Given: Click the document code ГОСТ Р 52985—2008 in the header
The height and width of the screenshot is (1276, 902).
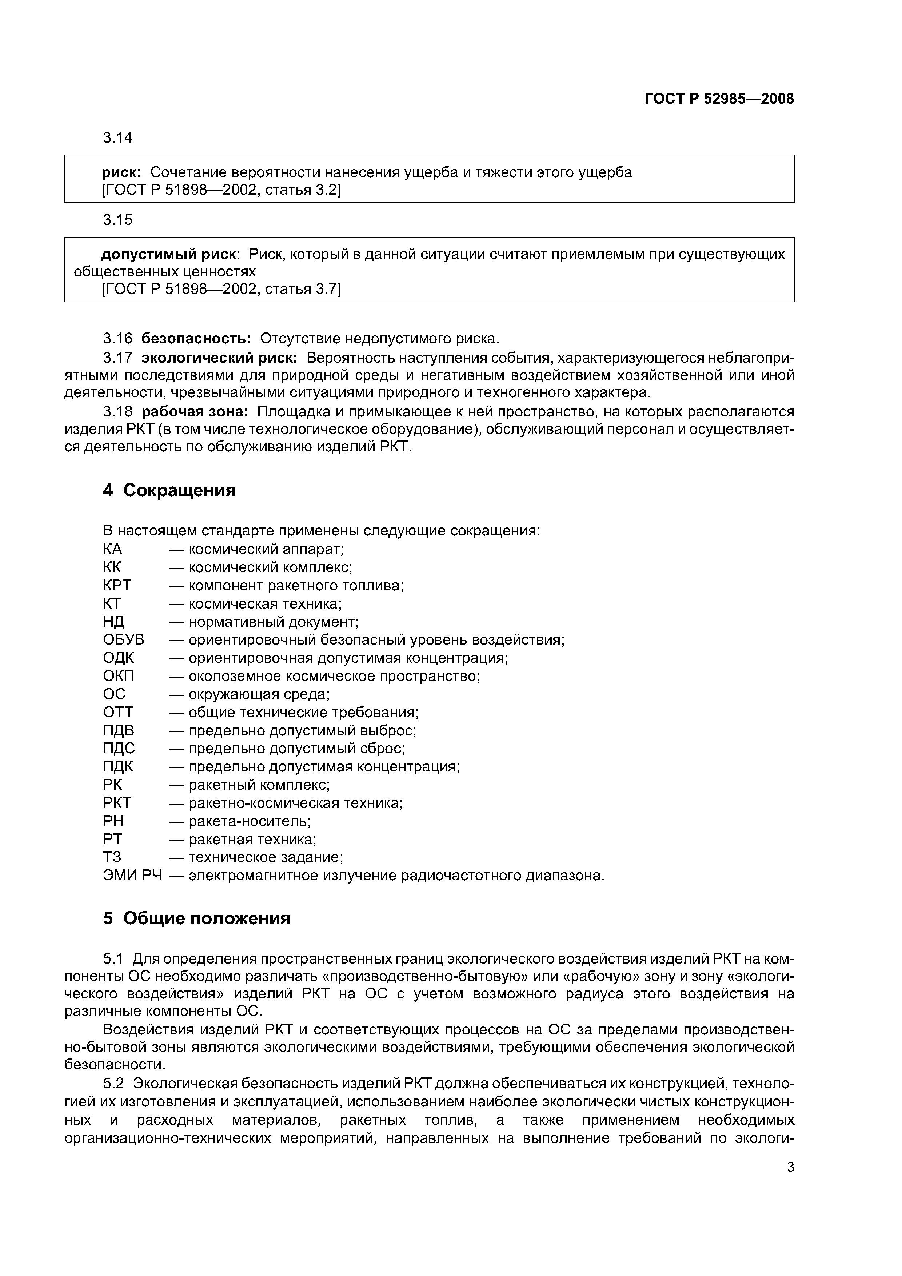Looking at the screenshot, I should point(719,99).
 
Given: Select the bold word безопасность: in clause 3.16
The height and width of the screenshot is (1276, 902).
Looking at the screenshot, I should point(197,338).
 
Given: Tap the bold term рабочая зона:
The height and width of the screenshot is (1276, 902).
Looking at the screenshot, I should point(196,412).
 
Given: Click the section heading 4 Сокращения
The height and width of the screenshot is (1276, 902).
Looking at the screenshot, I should point(169,490).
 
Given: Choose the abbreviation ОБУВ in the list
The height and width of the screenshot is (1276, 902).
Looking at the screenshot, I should point(123,640).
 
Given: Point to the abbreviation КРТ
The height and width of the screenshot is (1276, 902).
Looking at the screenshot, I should point(117,585).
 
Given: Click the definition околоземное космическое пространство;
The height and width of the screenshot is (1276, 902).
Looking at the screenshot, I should point(334,676).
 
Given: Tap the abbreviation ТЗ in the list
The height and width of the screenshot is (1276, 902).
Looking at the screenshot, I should point(112,858).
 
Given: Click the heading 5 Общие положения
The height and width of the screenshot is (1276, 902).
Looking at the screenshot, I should point(197,919).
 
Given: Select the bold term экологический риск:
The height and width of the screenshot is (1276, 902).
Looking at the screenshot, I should point(220,357).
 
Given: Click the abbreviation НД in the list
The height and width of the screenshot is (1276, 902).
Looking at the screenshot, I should point(113,622).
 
